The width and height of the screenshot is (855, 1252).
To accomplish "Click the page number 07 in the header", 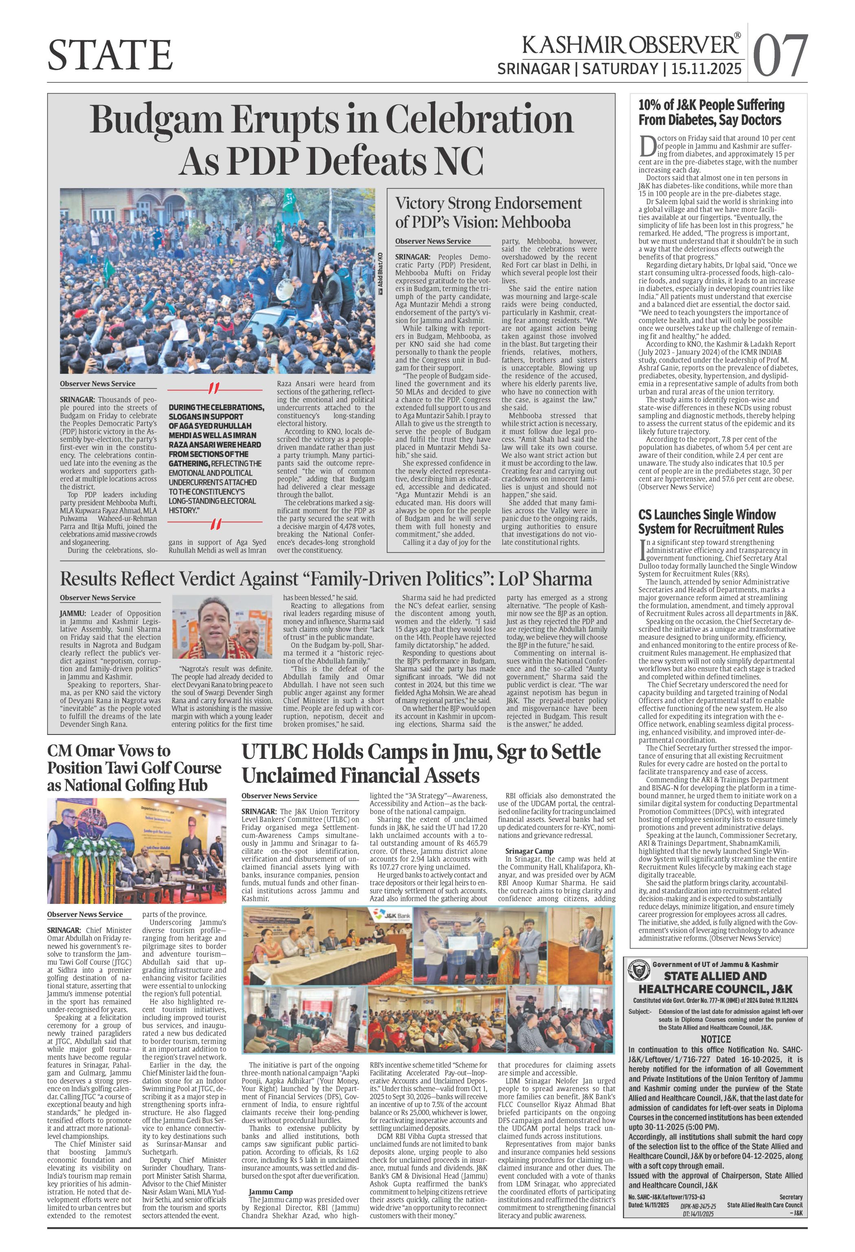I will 780,55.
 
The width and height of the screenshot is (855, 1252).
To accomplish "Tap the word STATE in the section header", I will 110,55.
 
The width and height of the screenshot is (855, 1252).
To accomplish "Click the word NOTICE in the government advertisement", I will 715,1039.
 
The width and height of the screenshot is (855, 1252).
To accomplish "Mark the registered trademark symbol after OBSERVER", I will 737,35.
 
